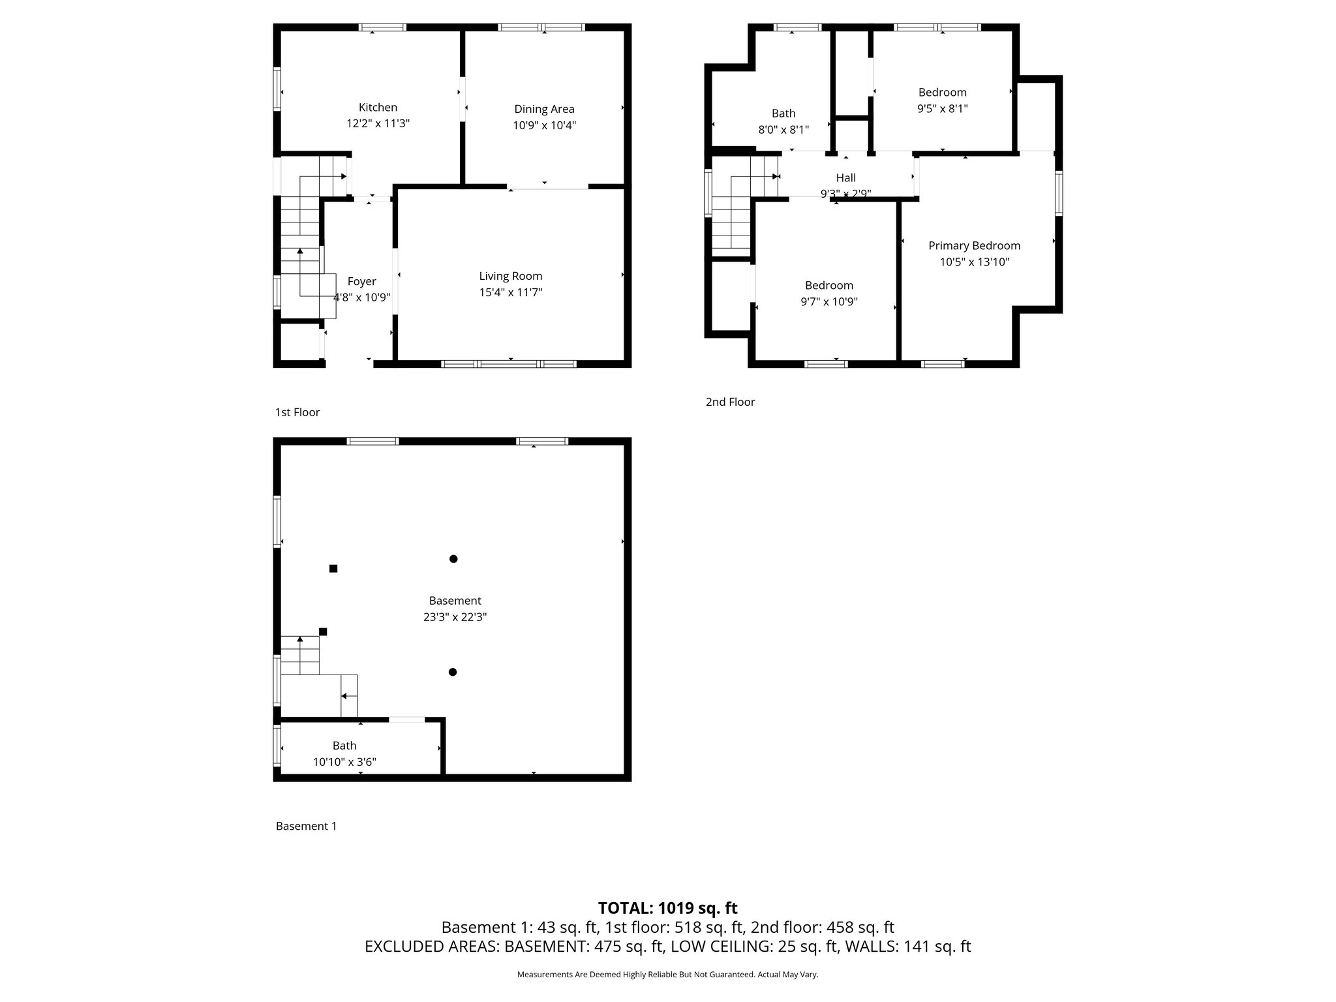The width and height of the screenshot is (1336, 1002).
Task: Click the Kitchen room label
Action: click(x=378, y=108)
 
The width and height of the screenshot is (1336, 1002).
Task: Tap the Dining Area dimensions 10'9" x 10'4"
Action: click(x=544, y=125)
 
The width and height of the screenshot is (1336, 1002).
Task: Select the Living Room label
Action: click(x=510, y=276)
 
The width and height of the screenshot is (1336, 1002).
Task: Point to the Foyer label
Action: click(x=361, y=281)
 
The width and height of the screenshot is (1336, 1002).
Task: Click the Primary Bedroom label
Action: click(x=974, y=245)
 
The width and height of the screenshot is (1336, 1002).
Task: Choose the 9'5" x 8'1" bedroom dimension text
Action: click(x=942, y=108)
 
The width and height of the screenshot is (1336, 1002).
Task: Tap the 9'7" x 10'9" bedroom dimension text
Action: click(x=828, y=301)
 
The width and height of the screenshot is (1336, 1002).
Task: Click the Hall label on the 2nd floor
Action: click(x=845, y=177)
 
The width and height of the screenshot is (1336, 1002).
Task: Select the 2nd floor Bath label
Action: click(x=783, y=114)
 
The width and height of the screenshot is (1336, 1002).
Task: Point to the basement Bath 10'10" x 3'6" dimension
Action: click(x=344, y=761)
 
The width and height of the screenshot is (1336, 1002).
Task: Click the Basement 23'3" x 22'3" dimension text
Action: click(x=455, y=616)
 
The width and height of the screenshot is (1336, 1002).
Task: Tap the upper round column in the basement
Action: click(x=453, y=558)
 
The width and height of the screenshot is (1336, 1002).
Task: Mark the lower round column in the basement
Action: click(x=453, y=672)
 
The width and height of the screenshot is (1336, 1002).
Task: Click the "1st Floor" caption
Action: click(x=297, y=412)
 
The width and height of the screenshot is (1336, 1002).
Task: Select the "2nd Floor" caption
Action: click(x=730, y=402)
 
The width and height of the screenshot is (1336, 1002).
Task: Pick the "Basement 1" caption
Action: click(x=306, y=826)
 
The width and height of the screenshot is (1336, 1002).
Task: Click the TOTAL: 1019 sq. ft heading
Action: click(x=667, y=908)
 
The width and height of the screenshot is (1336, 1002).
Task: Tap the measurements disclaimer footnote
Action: click(x=667, y=975)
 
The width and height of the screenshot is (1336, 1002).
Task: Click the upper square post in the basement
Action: click(x=333, y=568)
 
